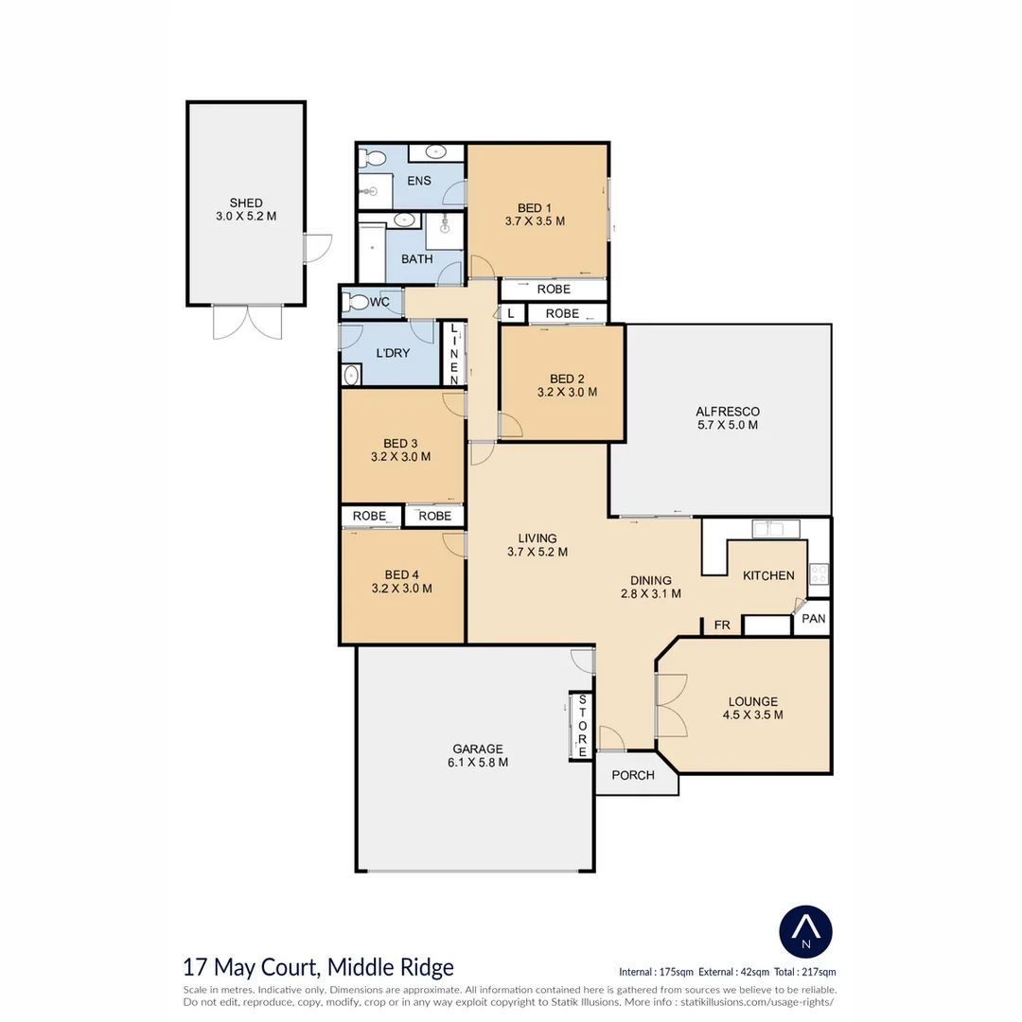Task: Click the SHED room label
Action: point(246,203)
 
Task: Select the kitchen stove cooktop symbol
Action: point(819,573)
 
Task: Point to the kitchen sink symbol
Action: point(776,528)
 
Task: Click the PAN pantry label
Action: point(814,619)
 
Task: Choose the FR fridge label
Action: point(721,626)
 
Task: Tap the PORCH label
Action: point(633,775)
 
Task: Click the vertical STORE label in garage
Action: point(582,726)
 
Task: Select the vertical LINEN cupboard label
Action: point(453,353)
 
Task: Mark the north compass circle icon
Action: point(805,932)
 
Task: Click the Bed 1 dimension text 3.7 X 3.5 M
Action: point(535,220)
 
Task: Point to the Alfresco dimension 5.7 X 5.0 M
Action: point(728,425)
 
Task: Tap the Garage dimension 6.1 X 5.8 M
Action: point(478,763)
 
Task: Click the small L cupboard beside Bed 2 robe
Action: point(512,313)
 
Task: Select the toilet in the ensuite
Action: point(372,157)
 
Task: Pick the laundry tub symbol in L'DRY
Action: point(351,376)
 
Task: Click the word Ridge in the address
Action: point(424,967)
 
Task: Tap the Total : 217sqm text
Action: point(805,972)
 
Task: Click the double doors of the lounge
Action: point(671,706)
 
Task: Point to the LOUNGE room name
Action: point(753,701)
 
